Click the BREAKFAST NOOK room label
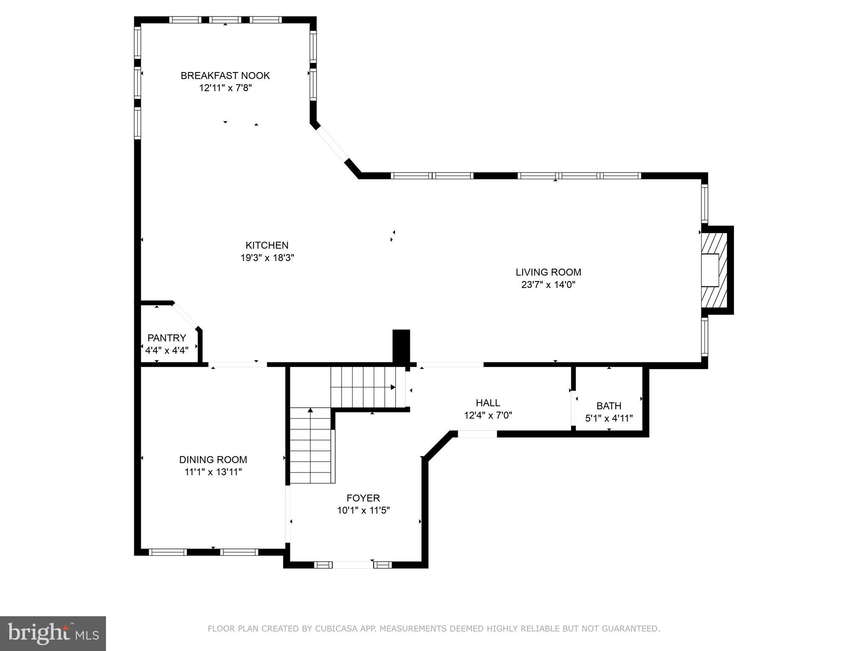225,75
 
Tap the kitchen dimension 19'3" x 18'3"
267,258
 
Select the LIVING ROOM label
548,272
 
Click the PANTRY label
167,338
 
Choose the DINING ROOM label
213,459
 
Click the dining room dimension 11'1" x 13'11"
213,472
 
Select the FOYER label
363,498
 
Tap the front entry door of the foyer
353,565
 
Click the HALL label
488,403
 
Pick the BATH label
609,406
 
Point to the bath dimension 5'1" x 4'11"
609,418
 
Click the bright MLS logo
53,633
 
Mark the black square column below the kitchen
401,346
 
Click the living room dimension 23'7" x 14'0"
548,284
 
